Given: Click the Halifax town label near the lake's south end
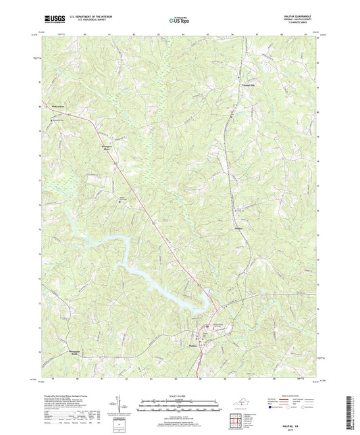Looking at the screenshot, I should (x=192, y=344).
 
